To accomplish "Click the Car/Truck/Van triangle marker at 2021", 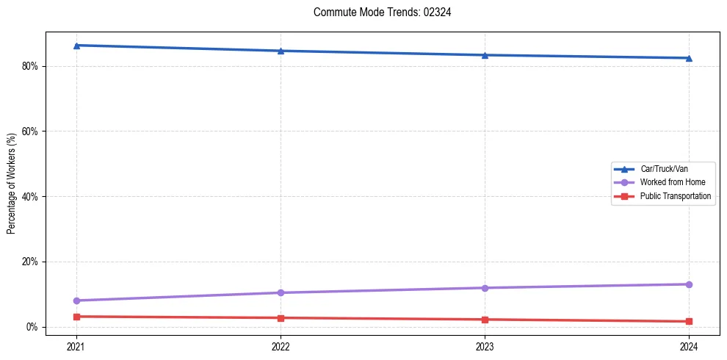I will click(76, 46).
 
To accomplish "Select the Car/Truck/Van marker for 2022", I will click(281, 51).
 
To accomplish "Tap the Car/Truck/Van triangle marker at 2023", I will click(485, 55).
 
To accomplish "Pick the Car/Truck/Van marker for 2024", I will click(689, 58).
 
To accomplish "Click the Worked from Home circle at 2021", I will click(76, 300).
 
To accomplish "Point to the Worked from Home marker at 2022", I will click(281, 292).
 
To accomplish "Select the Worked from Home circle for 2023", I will click(485, 288).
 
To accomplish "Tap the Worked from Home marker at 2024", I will click(689, 284).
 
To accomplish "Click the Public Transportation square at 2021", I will click(76, 317).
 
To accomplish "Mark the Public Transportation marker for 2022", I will click(281, 318).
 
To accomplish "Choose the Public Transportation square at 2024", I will click(689, 321).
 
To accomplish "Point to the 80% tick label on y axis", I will click(31, 66).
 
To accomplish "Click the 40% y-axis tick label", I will click(31, 197).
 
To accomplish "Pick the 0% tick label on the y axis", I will click(33, 327).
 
